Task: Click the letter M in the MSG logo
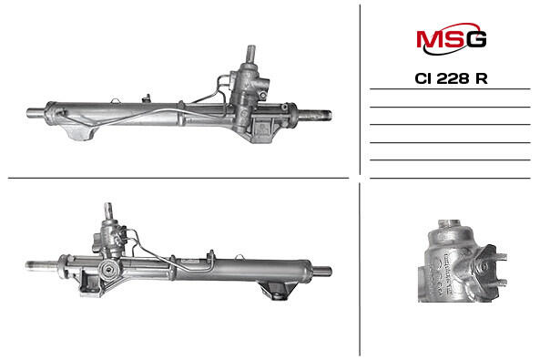point(429,38)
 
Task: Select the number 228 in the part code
point(453,78)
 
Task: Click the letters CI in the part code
point(423,78)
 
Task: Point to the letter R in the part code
point(482,78)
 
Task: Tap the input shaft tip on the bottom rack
point(108,210)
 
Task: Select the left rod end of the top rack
point(36,113)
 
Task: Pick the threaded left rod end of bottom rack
point(42,265)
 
